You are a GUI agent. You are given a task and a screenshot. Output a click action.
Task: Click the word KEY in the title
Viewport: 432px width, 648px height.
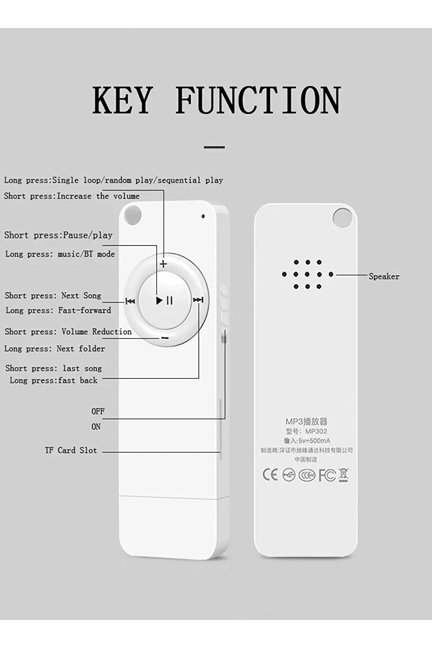pos(122,100)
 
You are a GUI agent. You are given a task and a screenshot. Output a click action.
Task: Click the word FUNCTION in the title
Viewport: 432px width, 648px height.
pos(258,100)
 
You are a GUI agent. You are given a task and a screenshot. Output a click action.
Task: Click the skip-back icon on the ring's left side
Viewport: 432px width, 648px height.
pos(130,301)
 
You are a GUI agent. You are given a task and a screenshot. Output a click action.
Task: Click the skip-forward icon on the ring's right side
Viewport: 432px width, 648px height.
pos(198,300)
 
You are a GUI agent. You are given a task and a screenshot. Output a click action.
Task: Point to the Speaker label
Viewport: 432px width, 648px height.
pos(384,276)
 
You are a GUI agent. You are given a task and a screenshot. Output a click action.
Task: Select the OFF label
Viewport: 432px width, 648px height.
pos(98,411)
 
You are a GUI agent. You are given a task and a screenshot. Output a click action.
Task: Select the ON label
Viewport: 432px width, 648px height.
pos(96,427)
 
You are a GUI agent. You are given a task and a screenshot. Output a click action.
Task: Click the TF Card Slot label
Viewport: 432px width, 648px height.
pos(71,450)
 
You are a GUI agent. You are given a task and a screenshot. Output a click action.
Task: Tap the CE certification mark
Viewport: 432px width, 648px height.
pos(270,475)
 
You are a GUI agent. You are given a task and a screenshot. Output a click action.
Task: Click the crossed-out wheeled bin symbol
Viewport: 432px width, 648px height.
pos(344,475)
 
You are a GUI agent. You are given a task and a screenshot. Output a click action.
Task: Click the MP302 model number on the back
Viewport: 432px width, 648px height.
pos(316,431)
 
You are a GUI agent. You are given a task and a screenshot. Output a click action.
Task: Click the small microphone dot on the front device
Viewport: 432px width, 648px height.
pos(203,216)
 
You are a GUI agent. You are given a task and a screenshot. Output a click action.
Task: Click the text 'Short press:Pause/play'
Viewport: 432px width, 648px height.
pos(58,235)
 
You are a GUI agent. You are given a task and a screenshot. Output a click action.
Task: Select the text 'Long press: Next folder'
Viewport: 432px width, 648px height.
pos(55,349)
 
